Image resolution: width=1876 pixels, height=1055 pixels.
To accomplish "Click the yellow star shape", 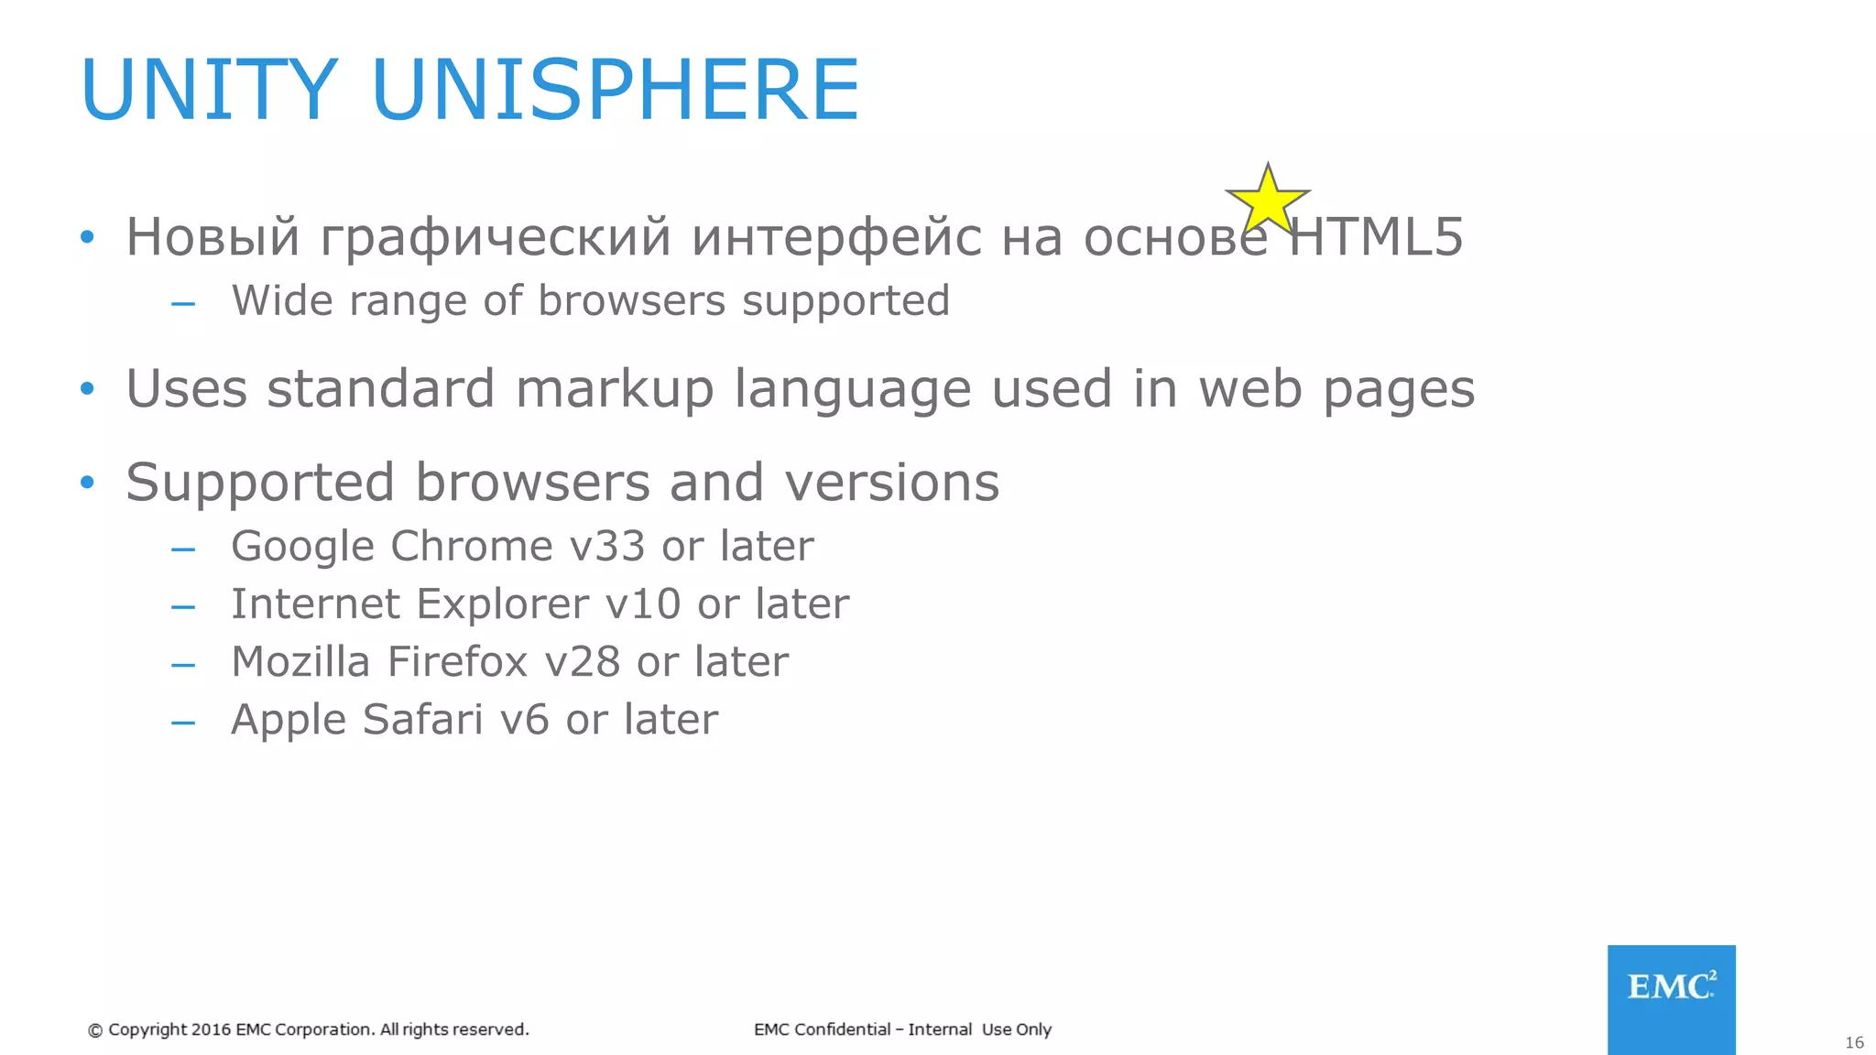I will point(1268,200).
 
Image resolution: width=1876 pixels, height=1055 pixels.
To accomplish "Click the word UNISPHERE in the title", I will point(616,90).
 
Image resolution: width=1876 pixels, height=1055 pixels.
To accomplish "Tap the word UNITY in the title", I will point(210,90).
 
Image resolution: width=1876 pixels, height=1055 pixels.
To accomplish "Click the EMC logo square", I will point(1671,999).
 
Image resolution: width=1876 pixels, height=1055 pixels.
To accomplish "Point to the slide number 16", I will point(1854,1042).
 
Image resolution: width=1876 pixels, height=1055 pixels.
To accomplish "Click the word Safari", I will point(422,719).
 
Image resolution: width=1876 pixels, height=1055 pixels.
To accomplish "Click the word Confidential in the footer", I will point(842,1029).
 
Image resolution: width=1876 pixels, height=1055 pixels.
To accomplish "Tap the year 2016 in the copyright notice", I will point(211,1029).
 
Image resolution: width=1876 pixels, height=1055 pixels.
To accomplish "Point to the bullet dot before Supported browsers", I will point(87,482).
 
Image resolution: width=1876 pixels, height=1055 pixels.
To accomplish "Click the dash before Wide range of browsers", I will point(183,302).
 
